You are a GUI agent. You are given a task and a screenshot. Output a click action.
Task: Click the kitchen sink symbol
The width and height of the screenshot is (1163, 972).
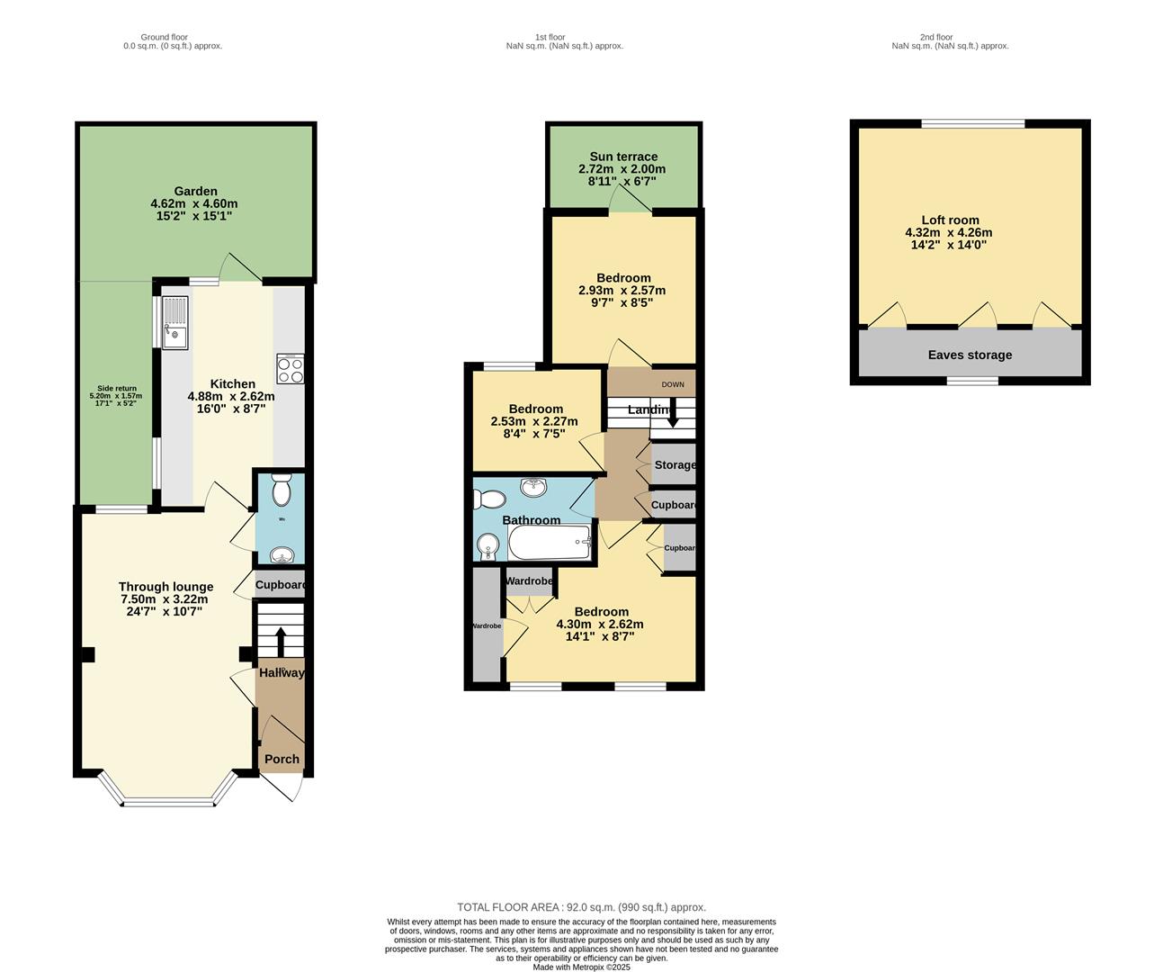(175, 322)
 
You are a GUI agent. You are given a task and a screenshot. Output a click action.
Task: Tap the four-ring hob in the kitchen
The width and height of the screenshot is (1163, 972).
(291, 369)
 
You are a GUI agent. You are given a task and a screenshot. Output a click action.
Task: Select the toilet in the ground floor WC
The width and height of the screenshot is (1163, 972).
(281, 491)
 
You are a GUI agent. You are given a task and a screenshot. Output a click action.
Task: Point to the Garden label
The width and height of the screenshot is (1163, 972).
(195, 191)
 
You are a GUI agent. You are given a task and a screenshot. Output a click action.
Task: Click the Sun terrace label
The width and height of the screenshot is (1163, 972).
(623, 157)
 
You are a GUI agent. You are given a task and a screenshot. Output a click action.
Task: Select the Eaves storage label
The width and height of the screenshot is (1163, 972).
(970, 355)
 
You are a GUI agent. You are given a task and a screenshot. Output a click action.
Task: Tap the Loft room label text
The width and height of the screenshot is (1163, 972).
(950, 220)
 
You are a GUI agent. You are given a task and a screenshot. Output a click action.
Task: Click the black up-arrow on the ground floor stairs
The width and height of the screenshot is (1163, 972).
(280, 642)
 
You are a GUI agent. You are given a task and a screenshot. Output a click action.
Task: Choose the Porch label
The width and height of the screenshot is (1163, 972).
(282, 759)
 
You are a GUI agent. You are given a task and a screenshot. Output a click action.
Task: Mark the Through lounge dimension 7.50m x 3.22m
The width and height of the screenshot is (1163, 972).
(164, 599)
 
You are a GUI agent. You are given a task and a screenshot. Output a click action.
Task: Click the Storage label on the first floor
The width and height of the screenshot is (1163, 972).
(675, 464)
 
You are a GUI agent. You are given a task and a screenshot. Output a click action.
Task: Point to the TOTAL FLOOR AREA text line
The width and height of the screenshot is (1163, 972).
(581, 907)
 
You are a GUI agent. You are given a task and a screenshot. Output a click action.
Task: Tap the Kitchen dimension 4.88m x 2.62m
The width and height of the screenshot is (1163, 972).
(231, 396)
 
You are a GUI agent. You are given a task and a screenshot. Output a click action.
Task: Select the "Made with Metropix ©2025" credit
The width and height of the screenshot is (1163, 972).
(581, 967)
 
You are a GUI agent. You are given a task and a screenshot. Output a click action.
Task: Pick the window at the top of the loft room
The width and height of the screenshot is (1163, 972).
(973, 124)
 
